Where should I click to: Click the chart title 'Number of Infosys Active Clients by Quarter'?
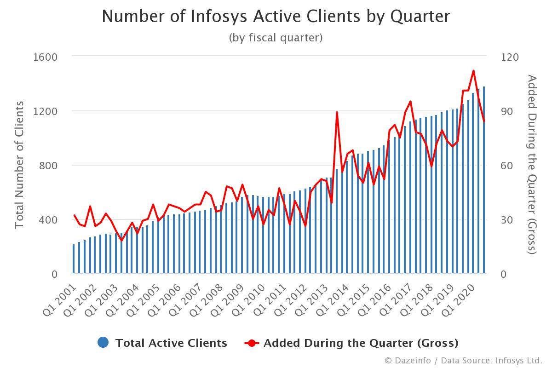(x=276, y=17)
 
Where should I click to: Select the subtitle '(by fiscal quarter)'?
(x=276, y=38)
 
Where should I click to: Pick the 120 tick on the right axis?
(x=509, y=57)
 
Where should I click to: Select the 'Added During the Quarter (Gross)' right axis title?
(x=532, y=165)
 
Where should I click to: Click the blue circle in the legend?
(x=103, y=343)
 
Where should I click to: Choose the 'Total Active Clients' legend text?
(x=171, y=343)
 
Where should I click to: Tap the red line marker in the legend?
(x=252, y=343)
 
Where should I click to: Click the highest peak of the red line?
(x=473, y=71)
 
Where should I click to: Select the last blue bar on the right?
(x=484, y=180)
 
